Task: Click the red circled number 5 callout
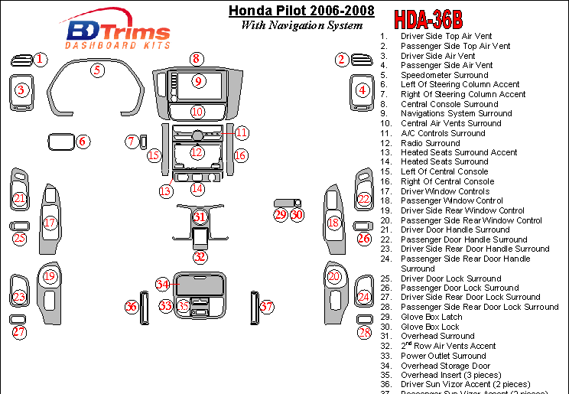click(97, 70)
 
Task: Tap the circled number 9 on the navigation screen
click(197, 82)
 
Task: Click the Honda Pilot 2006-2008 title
click(302, 11)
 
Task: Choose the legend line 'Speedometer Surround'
click(444, 75)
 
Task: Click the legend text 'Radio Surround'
click(430, 143)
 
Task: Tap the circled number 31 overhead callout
click(200, 217)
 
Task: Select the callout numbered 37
click(266, 307)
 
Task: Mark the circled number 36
click(132, 307)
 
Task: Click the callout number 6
click(83, 142)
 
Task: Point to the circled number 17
click(50, 223)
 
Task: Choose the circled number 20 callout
click(334, 276)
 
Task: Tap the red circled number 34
click(162, 284)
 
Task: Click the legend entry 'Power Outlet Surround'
click(444, 356)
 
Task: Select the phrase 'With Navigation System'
click(301, 25)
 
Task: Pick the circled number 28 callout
click(365, 332)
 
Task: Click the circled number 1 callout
click(40, 59)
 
